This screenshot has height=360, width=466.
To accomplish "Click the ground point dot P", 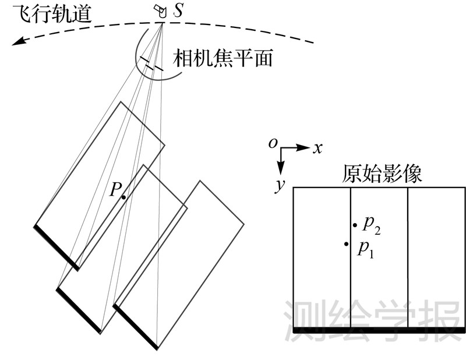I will (124, 197).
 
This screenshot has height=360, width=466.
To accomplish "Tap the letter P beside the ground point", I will (115, 189).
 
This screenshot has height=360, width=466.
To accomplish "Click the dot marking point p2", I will (354, 225).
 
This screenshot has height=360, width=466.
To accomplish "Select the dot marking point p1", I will (347, 243).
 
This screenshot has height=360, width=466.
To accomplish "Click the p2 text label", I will (371, 224).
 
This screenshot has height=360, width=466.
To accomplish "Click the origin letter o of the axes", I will (273, 142).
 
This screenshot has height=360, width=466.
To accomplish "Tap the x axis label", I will (317, 149).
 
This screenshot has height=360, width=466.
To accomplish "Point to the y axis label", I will (280, 185).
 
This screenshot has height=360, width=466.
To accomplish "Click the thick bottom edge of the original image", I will (379, 330).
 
